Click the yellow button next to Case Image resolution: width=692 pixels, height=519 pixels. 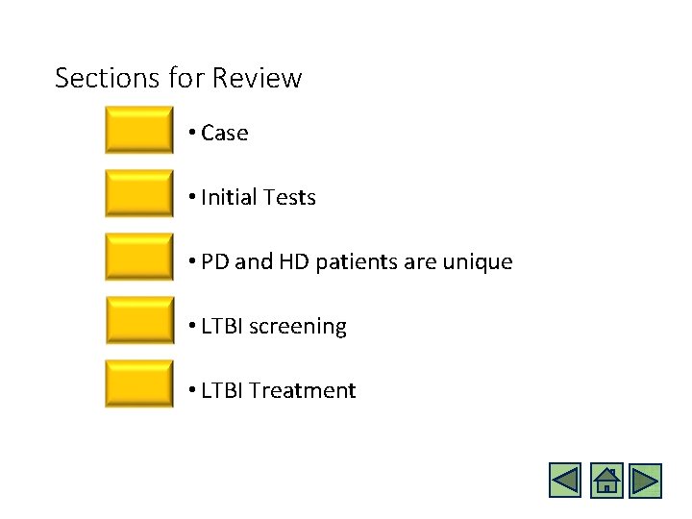[139, 131]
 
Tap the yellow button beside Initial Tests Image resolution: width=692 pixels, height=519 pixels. [139, 194]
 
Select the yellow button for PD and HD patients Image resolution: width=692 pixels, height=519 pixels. [139, 258]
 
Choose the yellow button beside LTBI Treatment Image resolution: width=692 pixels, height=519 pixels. [139, 384]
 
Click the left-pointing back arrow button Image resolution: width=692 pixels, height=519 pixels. [565, 480]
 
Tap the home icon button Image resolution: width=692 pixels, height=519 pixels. [606, 480]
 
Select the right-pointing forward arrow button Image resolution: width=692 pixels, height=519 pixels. [647, 480]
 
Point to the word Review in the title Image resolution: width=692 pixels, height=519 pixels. [258, 78]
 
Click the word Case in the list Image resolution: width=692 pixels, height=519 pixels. [225, 134]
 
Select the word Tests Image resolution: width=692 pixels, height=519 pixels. [289, 198]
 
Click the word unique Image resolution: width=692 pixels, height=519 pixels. [479, 262]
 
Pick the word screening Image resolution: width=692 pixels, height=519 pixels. [298, 327]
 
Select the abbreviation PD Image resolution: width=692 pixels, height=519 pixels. [215, 262]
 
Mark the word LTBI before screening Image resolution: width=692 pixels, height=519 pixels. [222, 327]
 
